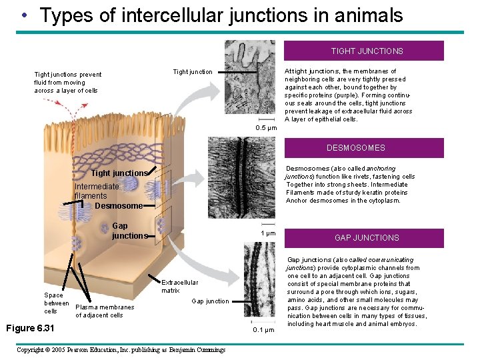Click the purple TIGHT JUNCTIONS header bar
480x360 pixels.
[x=366, y=51]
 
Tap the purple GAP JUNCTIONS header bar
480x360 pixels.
[x=366, y=238]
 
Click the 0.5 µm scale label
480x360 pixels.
[x=266, y=128]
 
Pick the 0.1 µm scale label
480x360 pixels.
[x=263, y=330]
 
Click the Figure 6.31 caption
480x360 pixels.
[x=30, y=328]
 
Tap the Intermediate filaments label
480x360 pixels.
[x=96, y=191]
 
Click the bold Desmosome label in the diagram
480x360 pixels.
[x=119, y=206]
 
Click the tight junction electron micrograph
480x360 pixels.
[x=250, y=79]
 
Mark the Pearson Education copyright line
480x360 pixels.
[x=121, y=350]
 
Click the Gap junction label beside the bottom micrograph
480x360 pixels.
[x=210, y=301]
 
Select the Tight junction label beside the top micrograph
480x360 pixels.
[x=193, y=72]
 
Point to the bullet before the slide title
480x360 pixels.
[x=24, y=15]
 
